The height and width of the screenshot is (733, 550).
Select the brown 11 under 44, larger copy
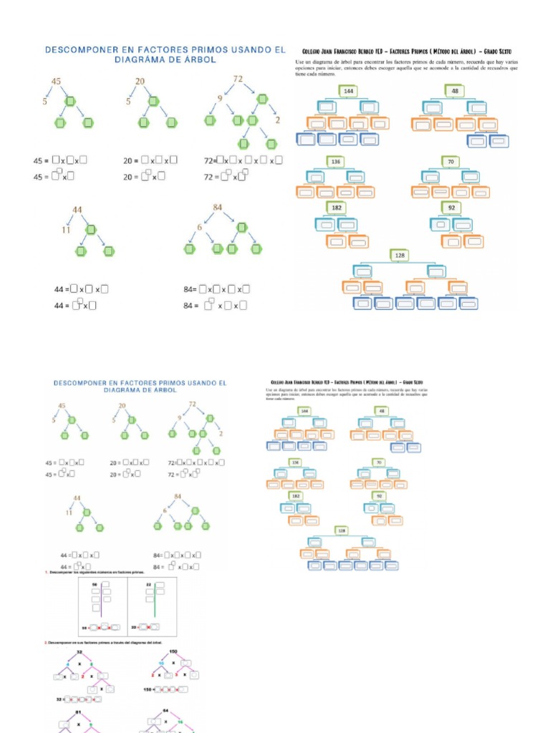65,230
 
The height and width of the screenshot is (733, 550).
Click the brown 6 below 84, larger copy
202,227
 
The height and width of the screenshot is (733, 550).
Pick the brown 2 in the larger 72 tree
277,119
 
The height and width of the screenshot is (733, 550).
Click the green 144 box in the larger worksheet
349,92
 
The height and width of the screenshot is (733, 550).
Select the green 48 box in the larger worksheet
455,91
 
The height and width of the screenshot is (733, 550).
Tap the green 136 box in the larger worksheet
336,161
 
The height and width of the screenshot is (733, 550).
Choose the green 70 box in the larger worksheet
450,162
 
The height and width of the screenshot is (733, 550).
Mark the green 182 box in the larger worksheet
337,208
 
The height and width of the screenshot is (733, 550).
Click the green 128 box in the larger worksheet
400,255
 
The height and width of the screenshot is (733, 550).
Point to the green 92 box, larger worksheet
451,208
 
